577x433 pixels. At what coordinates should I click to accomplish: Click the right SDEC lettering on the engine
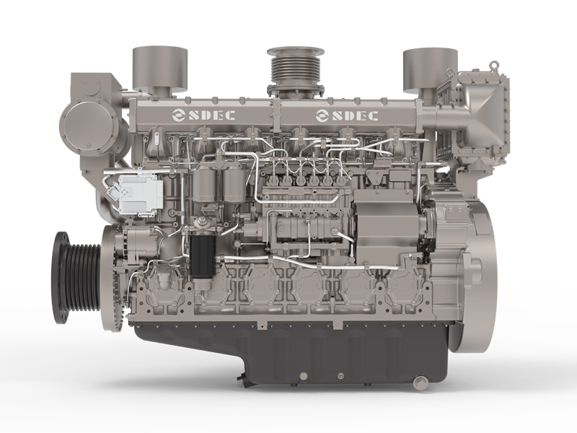(x=355, y=115)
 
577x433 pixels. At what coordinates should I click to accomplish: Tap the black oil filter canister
(x=203, y=256)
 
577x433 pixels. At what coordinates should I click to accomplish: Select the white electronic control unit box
(x=141, y=192)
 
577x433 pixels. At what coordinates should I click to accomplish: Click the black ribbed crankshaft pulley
(x=76, y=278)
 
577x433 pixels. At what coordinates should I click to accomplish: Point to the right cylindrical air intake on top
(x=430, y=70)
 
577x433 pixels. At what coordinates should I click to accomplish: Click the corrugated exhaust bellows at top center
(x=296, y=72)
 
